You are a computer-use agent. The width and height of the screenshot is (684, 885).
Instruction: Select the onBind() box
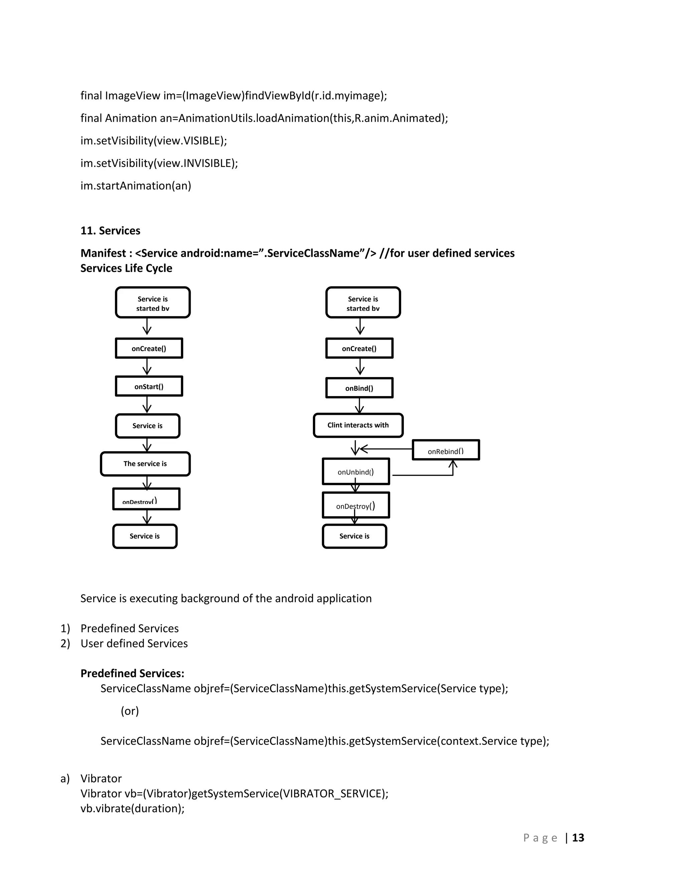359,388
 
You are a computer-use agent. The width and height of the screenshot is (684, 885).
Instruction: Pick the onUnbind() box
355,471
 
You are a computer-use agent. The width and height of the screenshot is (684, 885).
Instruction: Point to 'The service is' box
145,464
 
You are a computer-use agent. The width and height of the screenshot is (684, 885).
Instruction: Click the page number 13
578,838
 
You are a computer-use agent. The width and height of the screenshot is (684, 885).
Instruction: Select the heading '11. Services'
110,230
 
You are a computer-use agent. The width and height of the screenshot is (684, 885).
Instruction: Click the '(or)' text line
130,711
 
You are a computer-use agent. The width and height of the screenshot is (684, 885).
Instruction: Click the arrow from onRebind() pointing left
385,449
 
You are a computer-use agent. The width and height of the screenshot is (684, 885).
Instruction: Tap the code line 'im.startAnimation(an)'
136,186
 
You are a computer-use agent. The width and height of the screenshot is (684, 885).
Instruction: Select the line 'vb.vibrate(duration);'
133,809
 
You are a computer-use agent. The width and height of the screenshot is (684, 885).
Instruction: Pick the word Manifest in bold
103,253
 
